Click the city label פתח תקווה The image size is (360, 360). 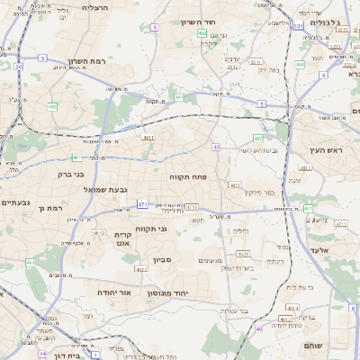pyautogui.click(x=188, y=177)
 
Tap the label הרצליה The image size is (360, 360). pyautogui.click(x=94, y=7)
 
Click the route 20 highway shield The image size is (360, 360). pyautogui.click(x=18, y=66)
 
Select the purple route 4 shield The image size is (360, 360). pyautogui.click(x=154, y=28)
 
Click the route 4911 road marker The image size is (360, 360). pyautogui.click(x=148, y=137)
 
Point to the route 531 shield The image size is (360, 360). pyautogui.click(x=297, y=27)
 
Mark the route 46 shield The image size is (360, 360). pyautogui.click(x=258, y=328)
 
